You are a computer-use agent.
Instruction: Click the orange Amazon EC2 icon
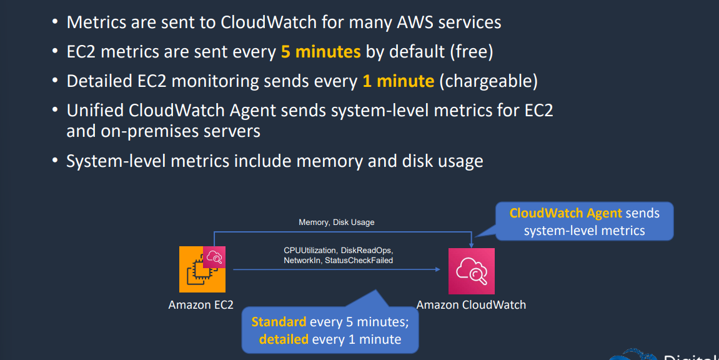coord(202,269)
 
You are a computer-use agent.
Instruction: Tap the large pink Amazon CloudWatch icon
coord(472,271)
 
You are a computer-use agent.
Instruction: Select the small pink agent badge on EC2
coord(214,257)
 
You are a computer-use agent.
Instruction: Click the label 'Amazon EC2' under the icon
coord(201,305)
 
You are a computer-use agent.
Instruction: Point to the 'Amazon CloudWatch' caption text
coord(471,305)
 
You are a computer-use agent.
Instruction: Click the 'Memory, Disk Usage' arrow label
coord(337,222)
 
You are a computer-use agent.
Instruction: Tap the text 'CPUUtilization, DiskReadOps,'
coord(339,251)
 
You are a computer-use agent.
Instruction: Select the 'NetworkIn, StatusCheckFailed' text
coord(339,261)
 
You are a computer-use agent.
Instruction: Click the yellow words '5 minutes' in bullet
coord(321,52)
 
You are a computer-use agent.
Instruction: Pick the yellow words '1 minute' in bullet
coord(399,81)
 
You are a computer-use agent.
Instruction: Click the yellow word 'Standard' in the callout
coord(279,322)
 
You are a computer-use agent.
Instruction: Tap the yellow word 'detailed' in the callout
coord(284,339)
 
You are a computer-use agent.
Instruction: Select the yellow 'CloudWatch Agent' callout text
coord(566,213)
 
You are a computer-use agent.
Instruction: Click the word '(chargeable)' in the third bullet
coord(488,81)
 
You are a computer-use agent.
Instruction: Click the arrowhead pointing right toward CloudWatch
coord(437,269)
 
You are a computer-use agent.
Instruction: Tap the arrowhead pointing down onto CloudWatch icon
coord(472,246)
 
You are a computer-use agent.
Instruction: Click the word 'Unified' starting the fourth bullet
coord(95,111)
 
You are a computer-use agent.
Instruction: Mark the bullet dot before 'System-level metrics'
coord(55,161)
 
